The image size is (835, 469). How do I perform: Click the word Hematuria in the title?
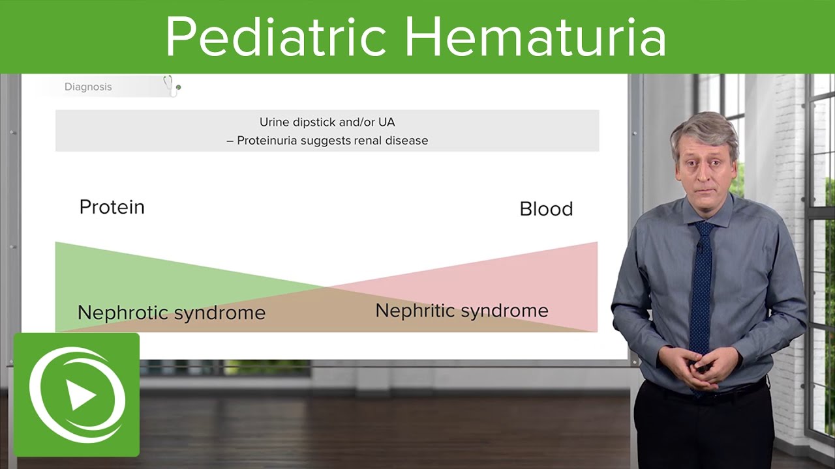[535, 37]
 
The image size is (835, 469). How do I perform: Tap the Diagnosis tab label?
[88, 87]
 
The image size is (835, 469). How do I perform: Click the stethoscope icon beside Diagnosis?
[172, 86]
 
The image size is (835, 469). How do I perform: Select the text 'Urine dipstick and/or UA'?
[327, 122]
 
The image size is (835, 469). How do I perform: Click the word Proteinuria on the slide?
[268, 141]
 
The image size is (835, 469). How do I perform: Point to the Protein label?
[112, 207]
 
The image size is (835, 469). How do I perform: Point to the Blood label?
[546, 209]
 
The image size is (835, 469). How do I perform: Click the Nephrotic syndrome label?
[171, 313]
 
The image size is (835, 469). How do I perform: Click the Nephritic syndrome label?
[461, 311]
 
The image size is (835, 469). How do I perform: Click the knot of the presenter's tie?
[704, 229]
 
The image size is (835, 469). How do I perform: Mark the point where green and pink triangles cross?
[326, 287]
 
